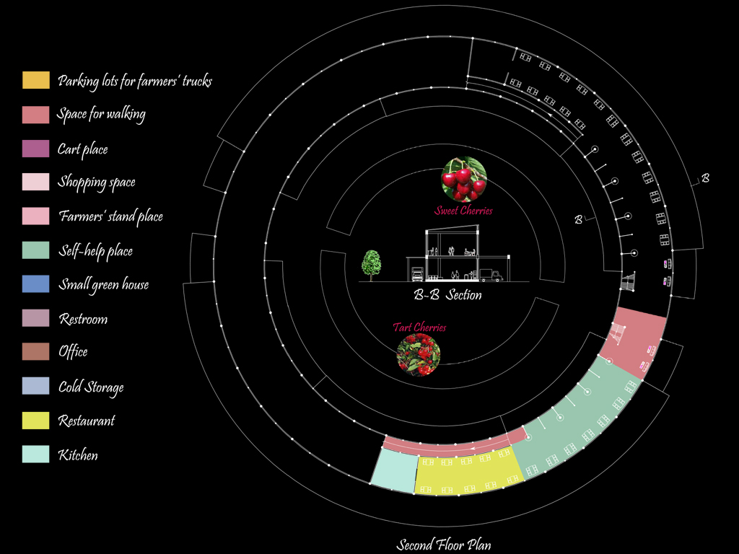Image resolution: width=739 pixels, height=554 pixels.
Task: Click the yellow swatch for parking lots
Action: pyautogui.click(x=36, y=80)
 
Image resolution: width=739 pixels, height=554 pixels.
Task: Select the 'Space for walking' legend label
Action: pyautogui.click(x=101, y=114)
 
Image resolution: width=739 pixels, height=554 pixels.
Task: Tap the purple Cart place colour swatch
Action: pyautogui.click(x=36, y=149)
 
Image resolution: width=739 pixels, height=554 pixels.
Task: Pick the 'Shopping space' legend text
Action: pyautogui.click(x=97, y=183)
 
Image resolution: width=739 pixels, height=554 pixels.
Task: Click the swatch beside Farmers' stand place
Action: pyautogui.click(x=36, y=216)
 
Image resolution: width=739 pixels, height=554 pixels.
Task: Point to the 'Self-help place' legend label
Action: pyautogui.click(x=95, y=251)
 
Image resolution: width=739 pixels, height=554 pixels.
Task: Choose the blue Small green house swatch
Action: pyautogui.click(x=36, y=283)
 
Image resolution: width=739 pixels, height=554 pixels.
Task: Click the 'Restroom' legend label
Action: pyautogui.click(x=83, y=319)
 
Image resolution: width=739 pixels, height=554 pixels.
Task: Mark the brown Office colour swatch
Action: pyautogui.click(x=36, y=351)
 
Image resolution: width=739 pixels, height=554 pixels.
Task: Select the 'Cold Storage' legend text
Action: pyautogui.click(x=91, y=387)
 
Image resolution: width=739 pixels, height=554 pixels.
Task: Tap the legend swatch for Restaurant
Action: pyautogui.click(x=36, y=420)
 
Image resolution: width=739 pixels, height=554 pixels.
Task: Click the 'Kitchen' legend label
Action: pyautogui.click(x=78, y=455)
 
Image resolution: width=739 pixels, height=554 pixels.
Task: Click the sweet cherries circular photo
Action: pyautogui.click(x=464, y=180)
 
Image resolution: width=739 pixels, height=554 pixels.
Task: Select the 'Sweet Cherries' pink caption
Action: pyautogui.click(x=463, y=211)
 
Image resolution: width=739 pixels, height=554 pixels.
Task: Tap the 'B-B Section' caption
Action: pyautogui.click(x=447, y=295)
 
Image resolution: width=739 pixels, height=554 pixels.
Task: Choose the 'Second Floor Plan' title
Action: pyautogui.click(x=444, y=545)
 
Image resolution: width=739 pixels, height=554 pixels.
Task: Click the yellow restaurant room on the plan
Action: pyautogui.click(x=469, y=472)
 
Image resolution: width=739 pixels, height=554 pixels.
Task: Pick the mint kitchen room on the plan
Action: pyautogui.click(x=393, y=470)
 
